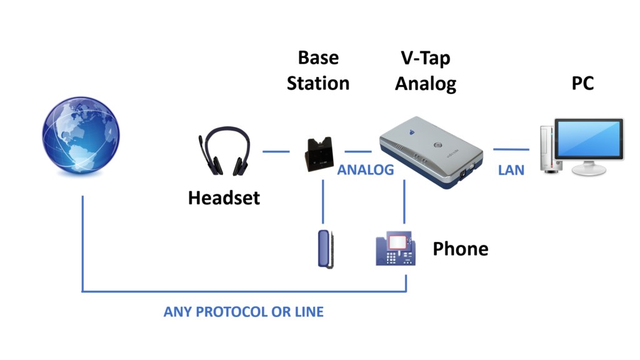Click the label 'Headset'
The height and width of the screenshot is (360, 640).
point(224,199)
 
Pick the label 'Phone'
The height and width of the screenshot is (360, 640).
point(461,249)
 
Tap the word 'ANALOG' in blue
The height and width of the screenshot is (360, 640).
point(366,170)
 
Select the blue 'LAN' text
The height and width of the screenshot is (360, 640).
point(511,170)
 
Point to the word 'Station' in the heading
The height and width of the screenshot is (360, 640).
point(318,82)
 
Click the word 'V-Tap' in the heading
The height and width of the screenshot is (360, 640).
point(425,58)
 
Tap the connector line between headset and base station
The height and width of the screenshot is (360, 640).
point(276,151)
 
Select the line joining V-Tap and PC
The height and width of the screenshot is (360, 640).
point(511,149)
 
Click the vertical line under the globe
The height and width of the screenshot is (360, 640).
point(82,244)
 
